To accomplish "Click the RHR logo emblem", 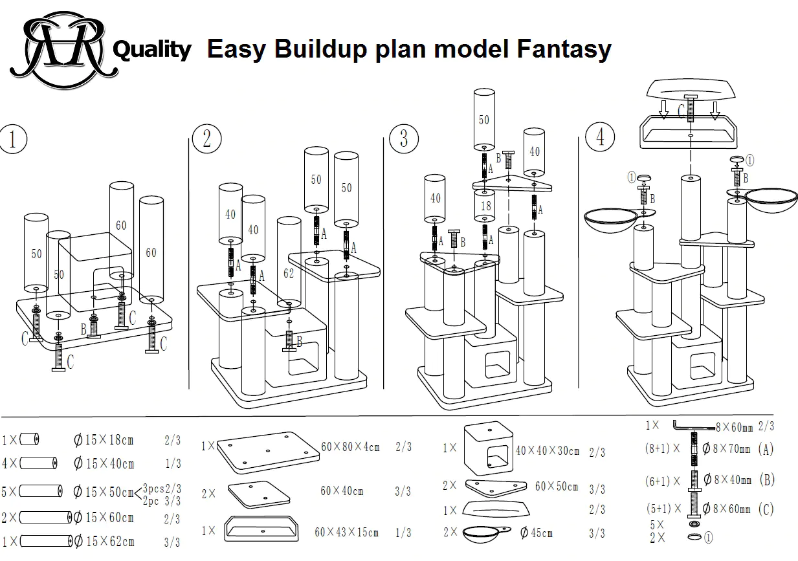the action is pos(64,49).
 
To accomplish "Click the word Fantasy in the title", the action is pos(564,50).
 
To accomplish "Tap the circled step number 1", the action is pos(13,139).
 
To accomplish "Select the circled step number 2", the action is pos(206,138).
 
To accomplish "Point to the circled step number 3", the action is pos(404,138).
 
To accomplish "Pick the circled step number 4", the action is pos(600,137).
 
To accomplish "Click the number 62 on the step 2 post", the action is pos(289,273).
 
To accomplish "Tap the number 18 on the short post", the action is pos(485,206).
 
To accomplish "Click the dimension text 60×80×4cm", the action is pos(350,446).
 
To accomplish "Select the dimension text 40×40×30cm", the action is pos(547,450).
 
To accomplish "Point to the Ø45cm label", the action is pos(536,533).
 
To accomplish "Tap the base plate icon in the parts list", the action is pos(268,453).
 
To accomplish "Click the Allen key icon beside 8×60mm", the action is pos(694,426).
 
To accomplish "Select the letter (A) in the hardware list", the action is pos(766,449).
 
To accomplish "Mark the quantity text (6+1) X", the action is pos(663,481).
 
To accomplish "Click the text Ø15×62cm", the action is pos(104,542).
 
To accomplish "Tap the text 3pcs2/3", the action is pos(162,488).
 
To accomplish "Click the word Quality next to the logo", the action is pos(152,50).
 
